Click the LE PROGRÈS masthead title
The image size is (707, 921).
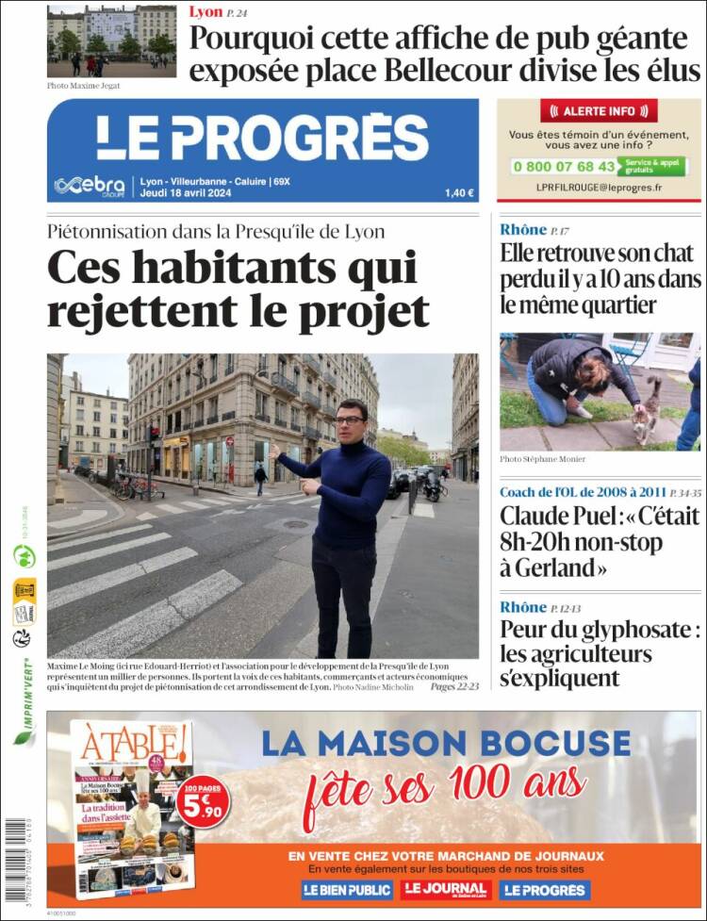[262, 138]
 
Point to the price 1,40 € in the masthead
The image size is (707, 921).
[459, 193]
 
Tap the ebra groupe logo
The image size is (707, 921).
[90, 185]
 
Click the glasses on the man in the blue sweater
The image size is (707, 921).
[350, 419]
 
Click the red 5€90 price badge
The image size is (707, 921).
[202, 801]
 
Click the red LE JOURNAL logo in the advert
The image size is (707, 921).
[445, 890]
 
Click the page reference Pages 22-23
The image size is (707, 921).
[454, 687]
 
